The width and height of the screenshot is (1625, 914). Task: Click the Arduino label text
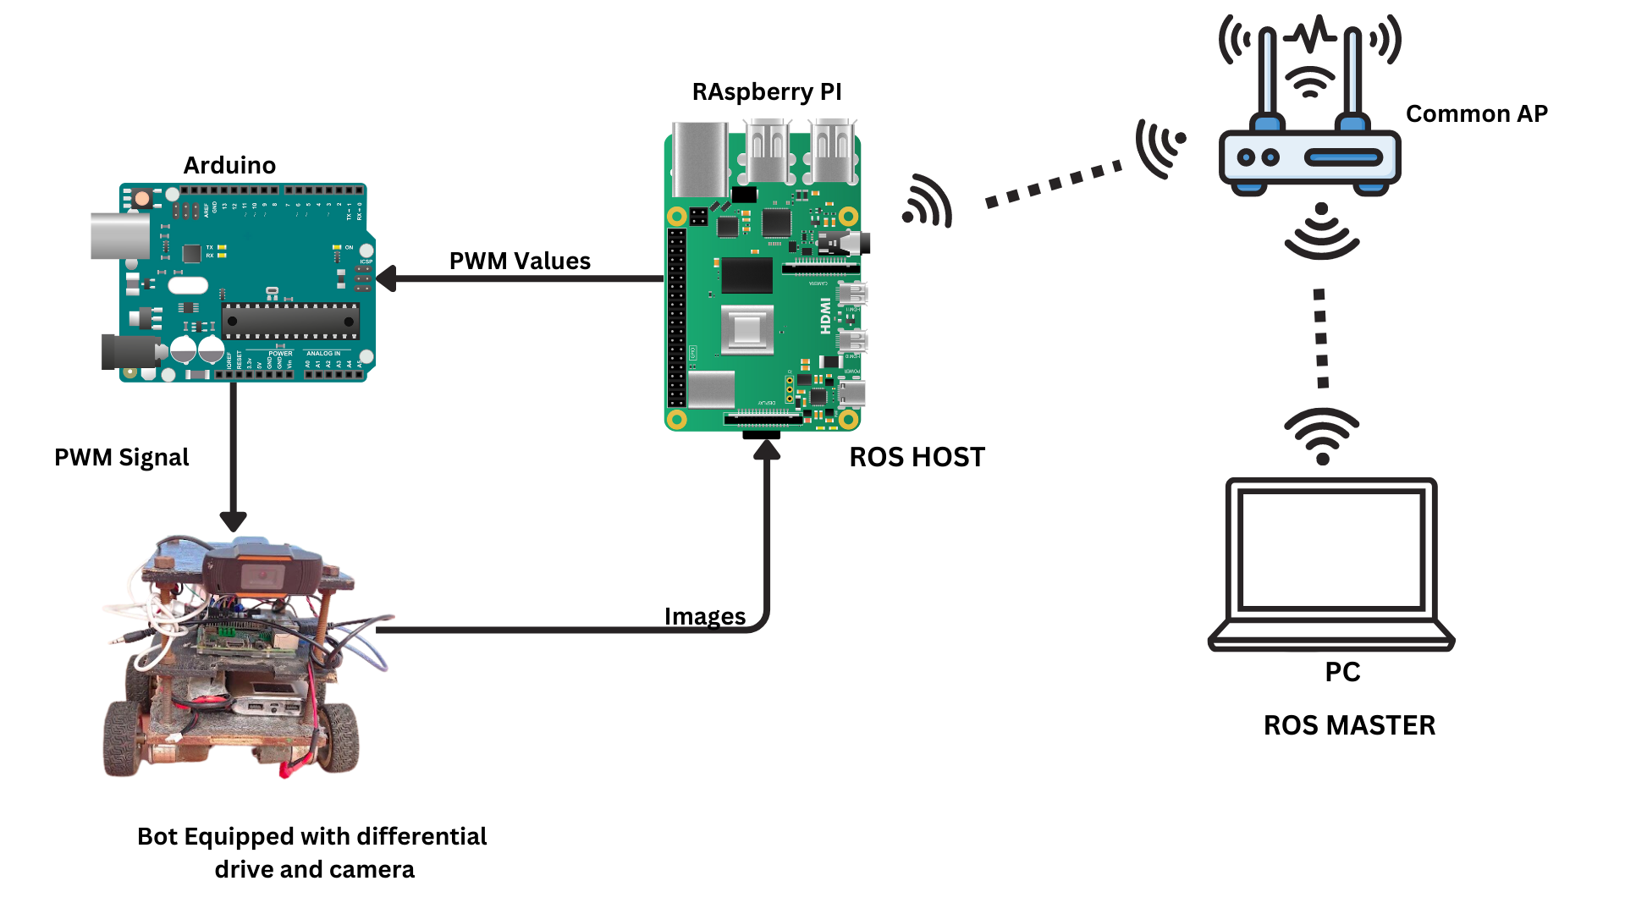click(229, 165)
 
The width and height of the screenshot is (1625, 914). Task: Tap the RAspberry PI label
click(766, 91)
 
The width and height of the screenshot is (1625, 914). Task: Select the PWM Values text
click(520, 261)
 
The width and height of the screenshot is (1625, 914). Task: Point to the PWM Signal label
click(121, 457)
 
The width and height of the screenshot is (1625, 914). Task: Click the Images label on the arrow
click(704, 616)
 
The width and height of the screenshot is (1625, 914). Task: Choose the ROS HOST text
click(917, 457)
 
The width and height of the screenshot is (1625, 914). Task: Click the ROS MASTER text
click(1349, 725)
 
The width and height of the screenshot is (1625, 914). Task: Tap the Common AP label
click(1476, 113)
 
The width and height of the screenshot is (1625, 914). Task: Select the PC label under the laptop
click(1342, 672)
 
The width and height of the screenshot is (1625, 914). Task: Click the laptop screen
click(1330, 550)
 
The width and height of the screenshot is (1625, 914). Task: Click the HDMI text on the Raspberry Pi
click(825, 316)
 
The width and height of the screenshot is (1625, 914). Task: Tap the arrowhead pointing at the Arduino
click(387, 278)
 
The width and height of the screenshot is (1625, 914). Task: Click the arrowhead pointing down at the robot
click(233, 520)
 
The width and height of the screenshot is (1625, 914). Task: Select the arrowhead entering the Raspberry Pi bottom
click(767, 449)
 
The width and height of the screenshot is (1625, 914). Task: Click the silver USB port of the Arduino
click(119, 235)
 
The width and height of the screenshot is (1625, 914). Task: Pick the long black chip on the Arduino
click(290, 321)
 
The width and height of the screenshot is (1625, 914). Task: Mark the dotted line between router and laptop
click(1321, 339)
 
